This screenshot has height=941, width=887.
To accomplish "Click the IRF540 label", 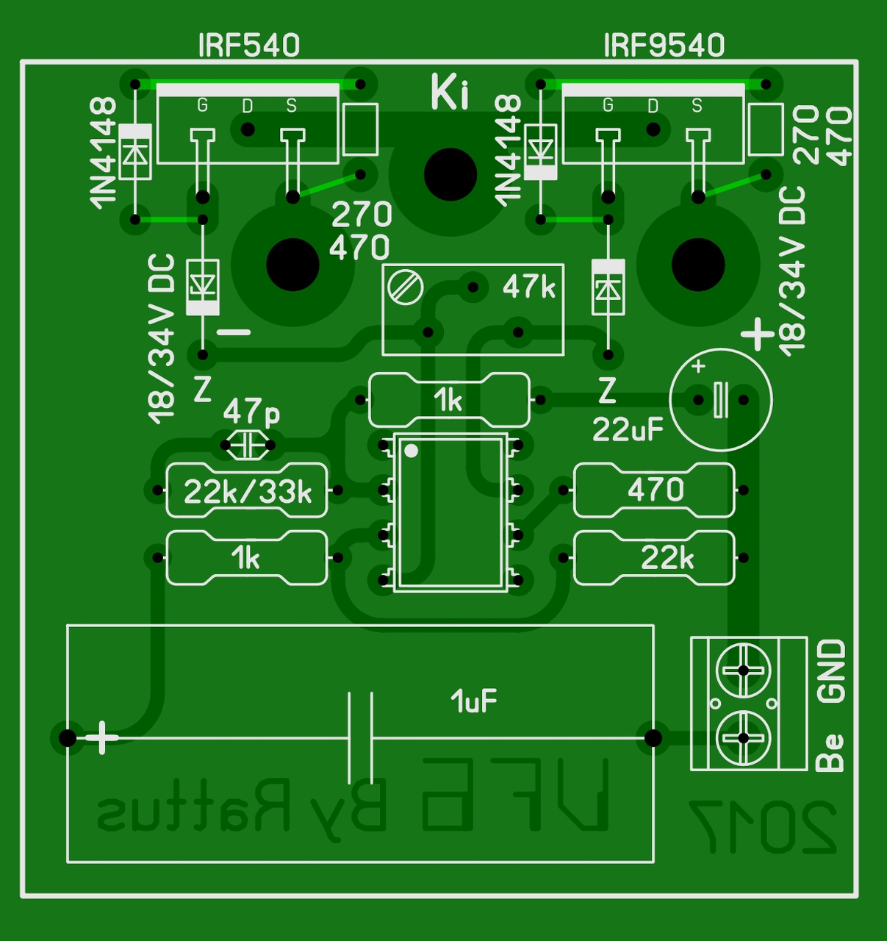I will coord(248,46).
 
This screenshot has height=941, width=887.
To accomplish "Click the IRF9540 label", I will coord(664,46).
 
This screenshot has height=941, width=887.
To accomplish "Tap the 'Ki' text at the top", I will coord(449,93).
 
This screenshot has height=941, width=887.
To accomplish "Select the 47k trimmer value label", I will coord(529,287).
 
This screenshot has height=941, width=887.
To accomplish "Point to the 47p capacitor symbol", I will coord(247,445).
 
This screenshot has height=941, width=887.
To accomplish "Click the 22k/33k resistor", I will coord(247,491).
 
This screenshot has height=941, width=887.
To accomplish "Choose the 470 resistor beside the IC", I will coord(654,490).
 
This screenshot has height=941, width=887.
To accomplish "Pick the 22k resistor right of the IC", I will coord(654,559).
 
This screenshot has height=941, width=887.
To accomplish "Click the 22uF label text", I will coord(628,429).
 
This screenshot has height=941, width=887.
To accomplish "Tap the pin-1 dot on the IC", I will coord(412,451).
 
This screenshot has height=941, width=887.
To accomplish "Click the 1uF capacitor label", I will coord(474,701).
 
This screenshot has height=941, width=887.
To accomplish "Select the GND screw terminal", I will coord(743,670).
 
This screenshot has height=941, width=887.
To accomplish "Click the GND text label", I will coord(832,670).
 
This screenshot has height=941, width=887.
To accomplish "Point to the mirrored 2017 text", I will coord(762,827).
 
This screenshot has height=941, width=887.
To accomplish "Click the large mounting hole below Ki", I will coord(450,175).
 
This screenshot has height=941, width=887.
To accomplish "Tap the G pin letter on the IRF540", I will coord(202,106).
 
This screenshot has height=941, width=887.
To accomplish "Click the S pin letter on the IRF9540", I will coord(697,106).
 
